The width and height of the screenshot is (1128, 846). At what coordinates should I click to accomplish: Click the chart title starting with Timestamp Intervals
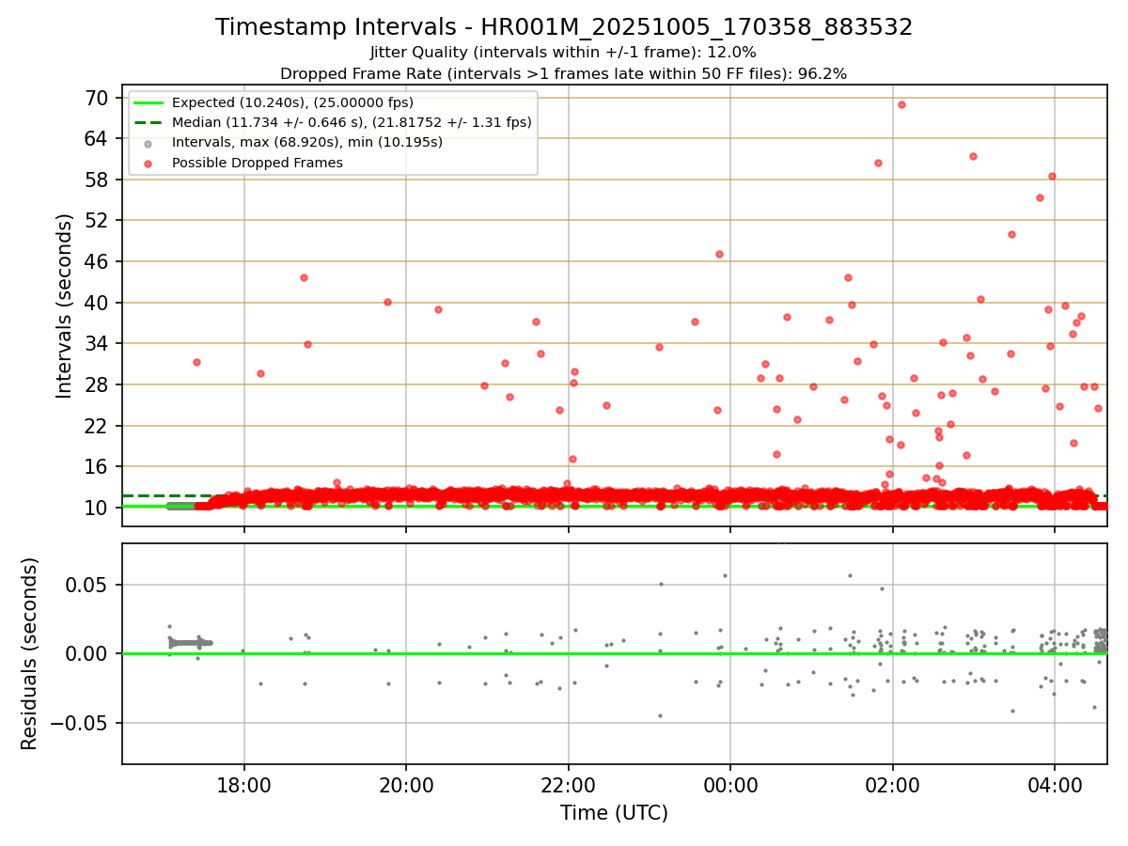point(564,27)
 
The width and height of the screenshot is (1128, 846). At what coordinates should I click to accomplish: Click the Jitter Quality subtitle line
point(564,53)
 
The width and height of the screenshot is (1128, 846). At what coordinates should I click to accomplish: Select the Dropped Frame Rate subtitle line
point(564,73)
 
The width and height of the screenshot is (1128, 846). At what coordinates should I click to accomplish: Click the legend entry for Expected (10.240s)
point(292,102)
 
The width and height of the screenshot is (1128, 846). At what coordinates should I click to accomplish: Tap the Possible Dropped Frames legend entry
point(257,163)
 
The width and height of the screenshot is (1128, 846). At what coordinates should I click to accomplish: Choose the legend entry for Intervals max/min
point(306,142)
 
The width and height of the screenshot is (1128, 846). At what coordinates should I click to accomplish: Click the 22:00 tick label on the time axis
point(568,785)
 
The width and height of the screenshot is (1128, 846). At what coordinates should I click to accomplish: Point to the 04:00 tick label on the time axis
point(1055,785)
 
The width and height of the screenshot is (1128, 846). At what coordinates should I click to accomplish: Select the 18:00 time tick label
point(244,785)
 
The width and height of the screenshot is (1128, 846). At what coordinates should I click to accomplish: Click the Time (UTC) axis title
point(614,813)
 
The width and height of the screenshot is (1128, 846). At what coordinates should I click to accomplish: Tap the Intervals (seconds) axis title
point(64,305)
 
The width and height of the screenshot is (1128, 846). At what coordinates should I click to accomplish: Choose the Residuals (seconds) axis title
point(30,653)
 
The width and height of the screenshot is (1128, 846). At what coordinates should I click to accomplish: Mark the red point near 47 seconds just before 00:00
point(719,254)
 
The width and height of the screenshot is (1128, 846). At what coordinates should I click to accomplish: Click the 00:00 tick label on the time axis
point(730,785)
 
